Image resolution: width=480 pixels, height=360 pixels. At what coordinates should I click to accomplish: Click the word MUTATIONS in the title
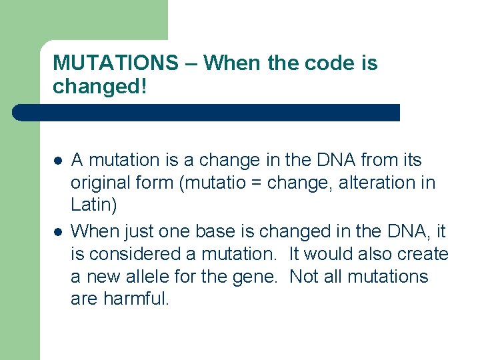coord(115,63)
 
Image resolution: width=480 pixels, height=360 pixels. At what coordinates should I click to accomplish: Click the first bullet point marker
coord(58,161)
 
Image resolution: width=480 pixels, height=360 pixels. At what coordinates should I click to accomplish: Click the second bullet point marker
coord(58,231)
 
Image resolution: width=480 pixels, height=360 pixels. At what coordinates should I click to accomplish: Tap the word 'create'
coord(423,254)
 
